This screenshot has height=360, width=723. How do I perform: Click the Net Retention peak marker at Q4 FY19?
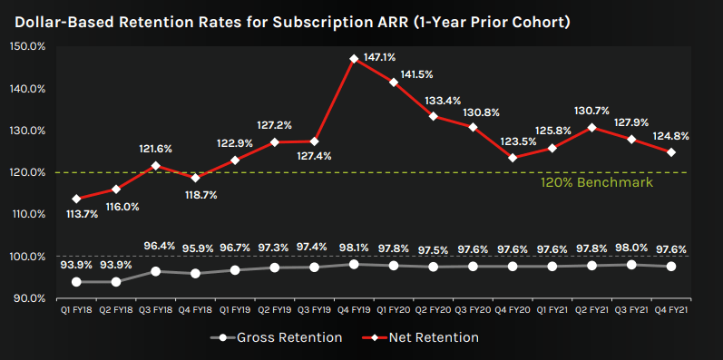point(354,59)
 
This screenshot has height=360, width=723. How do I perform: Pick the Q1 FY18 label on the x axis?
point(75,309)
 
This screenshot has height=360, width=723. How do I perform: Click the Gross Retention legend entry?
point(278,337)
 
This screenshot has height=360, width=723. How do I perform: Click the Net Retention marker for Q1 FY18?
point(76,199)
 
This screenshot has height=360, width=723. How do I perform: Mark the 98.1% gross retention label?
point(354,246)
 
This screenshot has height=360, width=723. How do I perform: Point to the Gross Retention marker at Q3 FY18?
point(155,271)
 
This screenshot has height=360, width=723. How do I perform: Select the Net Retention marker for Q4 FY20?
point(513,158)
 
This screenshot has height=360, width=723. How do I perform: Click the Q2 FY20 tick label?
point(433,309)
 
